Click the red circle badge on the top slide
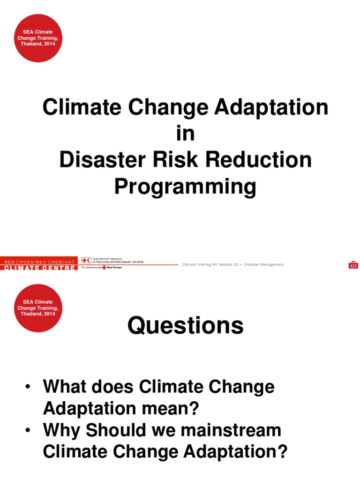39,38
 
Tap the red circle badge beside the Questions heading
39,308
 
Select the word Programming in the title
185,187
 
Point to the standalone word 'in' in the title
185,134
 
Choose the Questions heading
185,325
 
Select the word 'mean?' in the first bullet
173,409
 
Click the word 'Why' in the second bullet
60,430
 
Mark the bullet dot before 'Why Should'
29,430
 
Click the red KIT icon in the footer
353,265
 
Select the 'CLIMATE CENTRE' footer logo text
38,268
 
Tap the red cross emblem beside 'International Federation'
86,261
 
